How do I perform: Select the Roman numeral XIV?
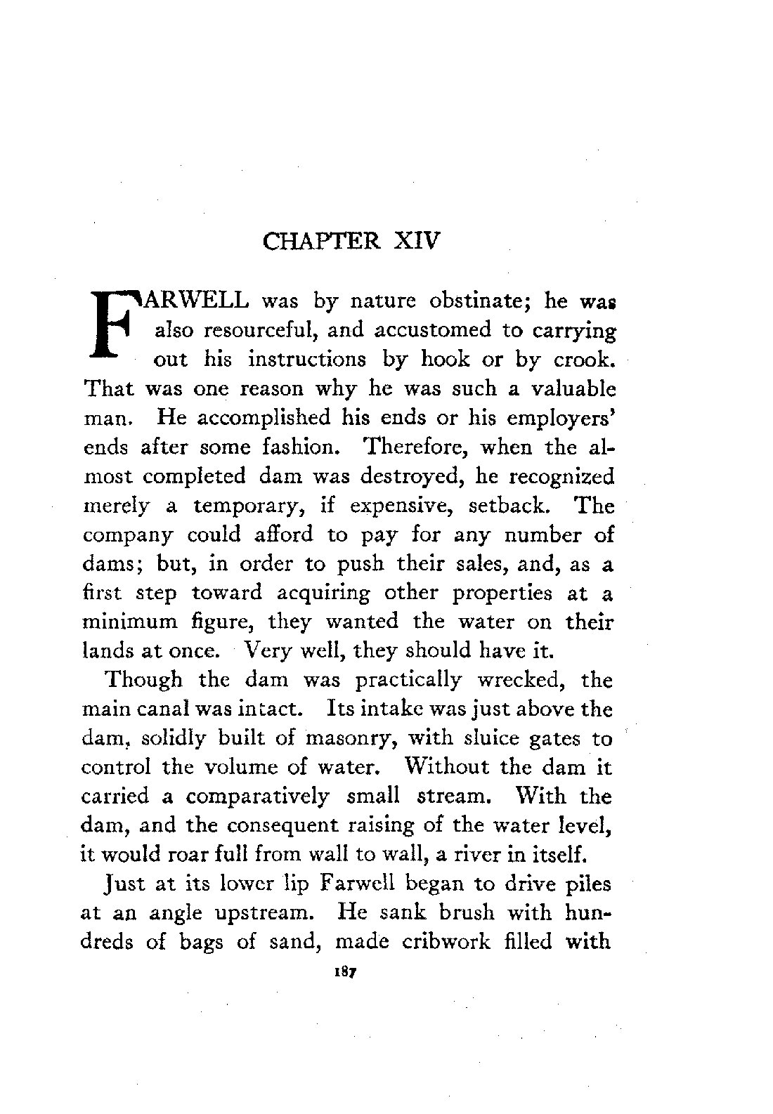click(415, 242)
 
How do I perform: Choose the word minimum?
click(128, 622)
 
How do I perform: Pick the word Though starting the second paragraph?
click(143, 681)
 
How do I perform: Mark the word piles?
click(589, 884)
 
